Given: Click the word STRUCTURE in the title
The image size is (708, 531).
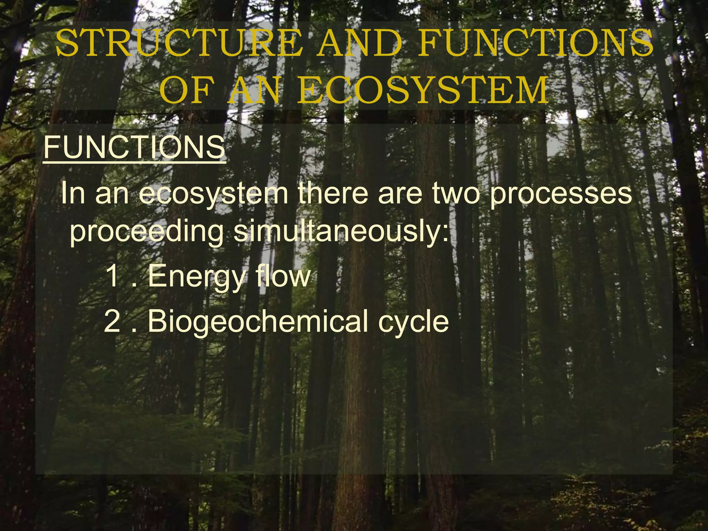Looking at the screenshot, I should click(x=177, y=44).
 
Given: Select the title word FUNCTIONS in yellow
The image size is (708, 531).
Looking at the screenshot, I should click(x=535, y=44).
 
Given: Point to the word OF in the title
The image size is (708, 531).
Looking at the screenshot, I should click(x=185, y=91).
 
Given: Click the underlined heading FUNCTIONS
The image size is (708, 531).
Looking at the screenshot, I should click(x=134, y=147).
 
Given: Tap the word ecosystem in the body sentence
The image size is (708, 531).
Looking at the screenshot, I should click(x=214, y=194).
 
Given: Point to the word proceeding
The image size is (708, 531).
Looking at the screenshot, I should click(x=147, y=232).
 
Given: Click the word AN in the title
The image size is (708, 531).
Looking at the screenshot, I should click(x=254, y=91).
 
